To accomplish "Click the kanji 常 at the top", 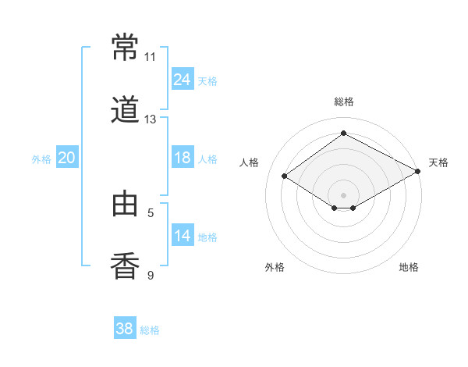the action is click(x=125, y=47).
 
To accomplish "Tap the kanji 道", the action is click(x=125, y=109).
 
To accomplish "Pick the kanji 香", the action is click(x=125, y=265).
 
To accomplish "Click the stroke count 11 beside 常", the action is click(x=150, y=57).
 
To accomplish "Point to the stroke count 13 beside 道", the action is click(x=150, y=119).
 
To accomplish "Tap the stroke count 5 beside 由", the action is click(x=151, y=213).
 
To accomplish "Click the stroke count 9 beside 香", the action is click(x=151, y=275).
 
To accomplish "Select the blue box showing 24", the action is click(x=183, y=78).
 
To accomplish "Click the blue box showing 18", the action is click(x=183, y=157).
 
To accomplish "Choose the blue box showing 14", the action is click(x=183, y=234).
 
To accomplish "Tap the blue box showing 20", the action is click(x=67, y=157).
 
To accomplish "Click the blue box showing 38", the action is click(x=125, y=327).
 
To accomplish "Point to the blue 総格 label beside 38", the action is click(x=150, y=330).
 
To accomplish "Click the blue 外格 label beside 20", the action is click(x=41, y=159).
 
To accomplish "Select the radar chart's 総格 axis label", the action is click(x=344, y=102).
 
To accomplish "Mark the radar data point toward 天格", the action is click(x=418, y=171).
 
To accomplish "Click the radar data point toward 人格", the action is click(x=285, y=176).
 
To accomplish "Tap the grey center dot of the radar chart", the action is click(x=343, y=195).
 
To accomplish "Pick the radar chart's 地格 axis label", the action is click(x=409, y=267).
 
